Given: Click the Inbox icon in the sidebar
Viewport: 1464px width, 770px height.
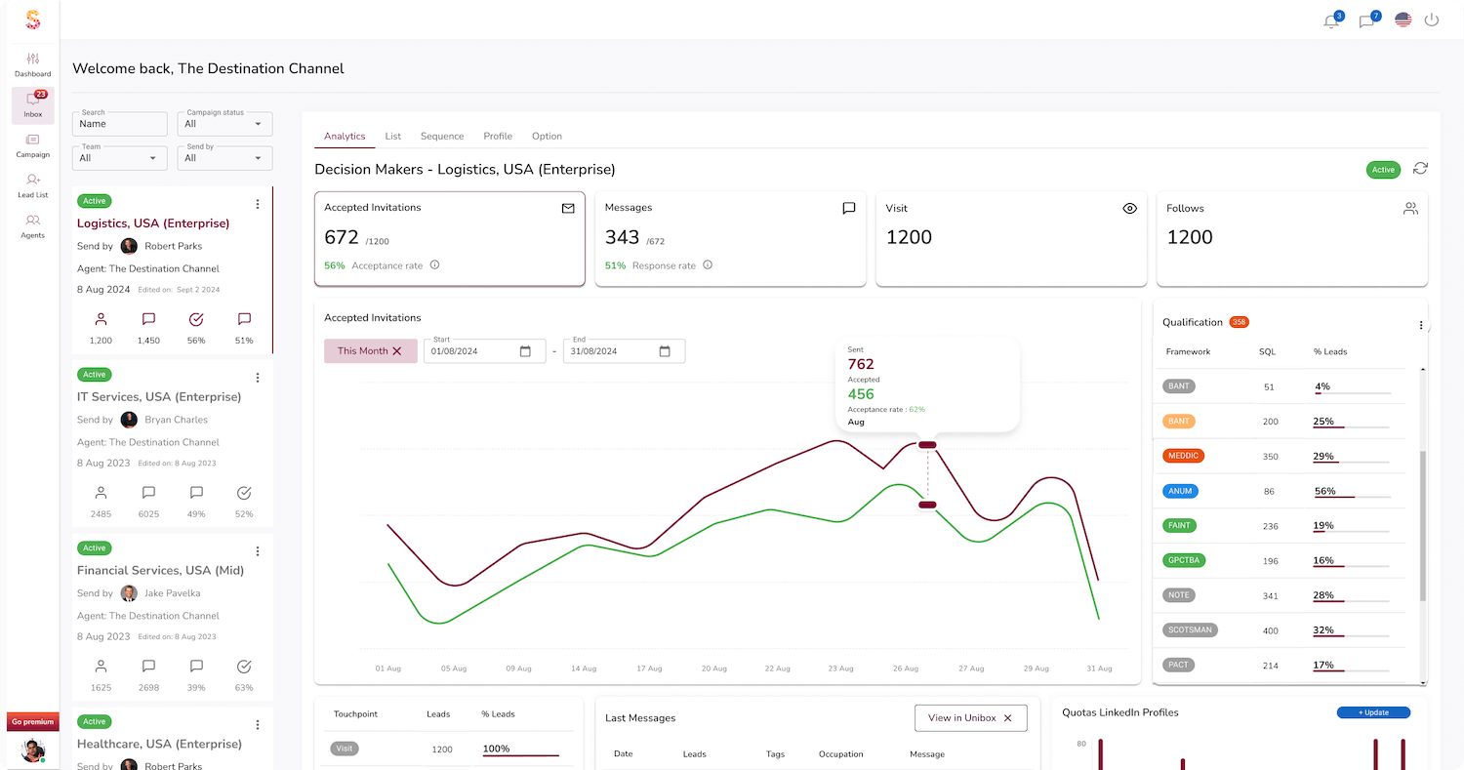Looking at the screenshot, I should click(33, 101).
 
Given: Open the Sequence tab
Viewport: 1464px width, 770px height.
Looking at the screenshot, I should click(442, 137).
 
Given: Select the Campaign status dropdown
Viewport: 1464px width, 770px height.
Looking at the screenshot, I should click(224, 124).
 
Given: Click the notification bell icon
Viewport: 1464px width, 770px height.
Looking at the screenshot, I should click(1331, 20).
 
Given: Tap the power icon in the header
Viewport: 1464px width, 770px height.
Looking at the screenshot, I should click(1432, 20).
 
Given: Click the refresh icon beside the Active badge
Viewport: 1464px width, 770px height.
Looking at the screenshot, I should click(1420, 169).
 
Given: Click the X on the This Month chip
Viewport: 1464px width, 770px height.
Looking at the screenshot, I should click(397, 351).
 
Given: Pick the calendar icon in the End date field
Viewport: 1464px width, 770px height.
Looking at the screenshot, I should click(665, 351).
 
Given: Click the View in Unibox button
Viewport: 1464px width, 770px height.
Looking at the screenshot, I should click(970, 718).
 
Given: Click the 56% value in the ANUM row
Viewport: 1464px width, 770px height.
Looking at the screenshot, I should click(1324, 491).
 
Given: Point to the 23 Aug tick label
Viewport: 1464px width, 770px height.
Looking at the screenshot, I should click(840, 669).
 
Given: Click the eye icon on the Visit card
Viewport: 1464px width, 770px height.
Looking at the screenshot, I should click(1130, 208).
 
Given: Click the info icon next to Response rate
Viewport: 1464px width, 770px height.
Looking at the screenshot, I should click(708, 265).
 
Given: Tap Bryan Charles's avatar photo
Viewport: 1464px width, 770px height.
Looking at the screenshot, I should click(129, 420).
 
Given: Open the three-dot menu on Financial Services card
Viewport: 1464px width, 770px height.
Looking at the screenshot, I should click(258, 551).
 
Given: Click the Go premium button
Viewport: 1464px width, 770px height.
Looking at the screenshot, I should click(32, 722).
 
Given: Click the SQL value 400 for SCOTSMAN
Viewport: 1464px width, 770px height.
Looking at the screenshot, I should click(1270, 630).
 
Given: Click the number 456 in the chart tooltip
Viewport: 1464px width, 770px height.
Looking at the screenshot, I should click(861, 394).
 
